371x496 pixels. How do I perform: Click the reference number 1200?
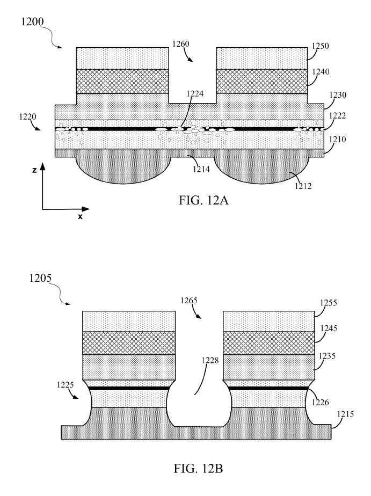pos(32,21)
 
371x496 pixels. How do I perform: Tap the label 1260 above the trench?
pos(180,43)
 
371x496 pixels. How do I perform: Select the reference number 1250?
pos(321,46)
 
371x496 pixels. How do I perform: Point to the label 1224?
pos(195,93)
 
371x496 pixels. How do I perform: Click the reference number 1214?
pos(201,169)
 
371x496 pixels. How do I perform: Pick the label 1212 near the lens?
pos(303,186)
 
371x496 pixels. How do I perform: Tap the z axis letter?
pos(34,170)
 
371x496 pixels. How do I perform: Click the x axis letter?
pos(81,217)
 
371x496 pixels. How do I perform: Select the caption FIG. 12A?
pos(203,200)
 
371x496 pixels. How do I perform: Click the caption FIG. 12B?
pos(198,469)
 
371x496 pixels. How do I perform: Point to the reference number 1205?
pos(40,278)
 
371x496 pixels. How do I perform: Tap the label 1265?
pos(189,300)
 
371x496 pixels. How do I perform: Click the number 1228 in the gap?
pos(210,360)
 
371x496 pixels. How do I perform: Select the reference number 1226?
pos(321,403)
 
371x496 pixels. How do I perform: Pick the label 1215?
pos(345,414)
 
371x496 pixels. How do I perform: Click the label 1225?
pos(65,385)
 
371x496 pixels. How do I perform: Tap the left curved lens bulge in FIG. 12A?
pos(123,169)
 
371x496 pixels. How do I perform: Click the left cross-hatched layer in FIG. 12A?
pos(122,81)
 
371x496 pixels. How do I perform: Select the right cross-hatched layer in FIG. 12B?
pos(269,343)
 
